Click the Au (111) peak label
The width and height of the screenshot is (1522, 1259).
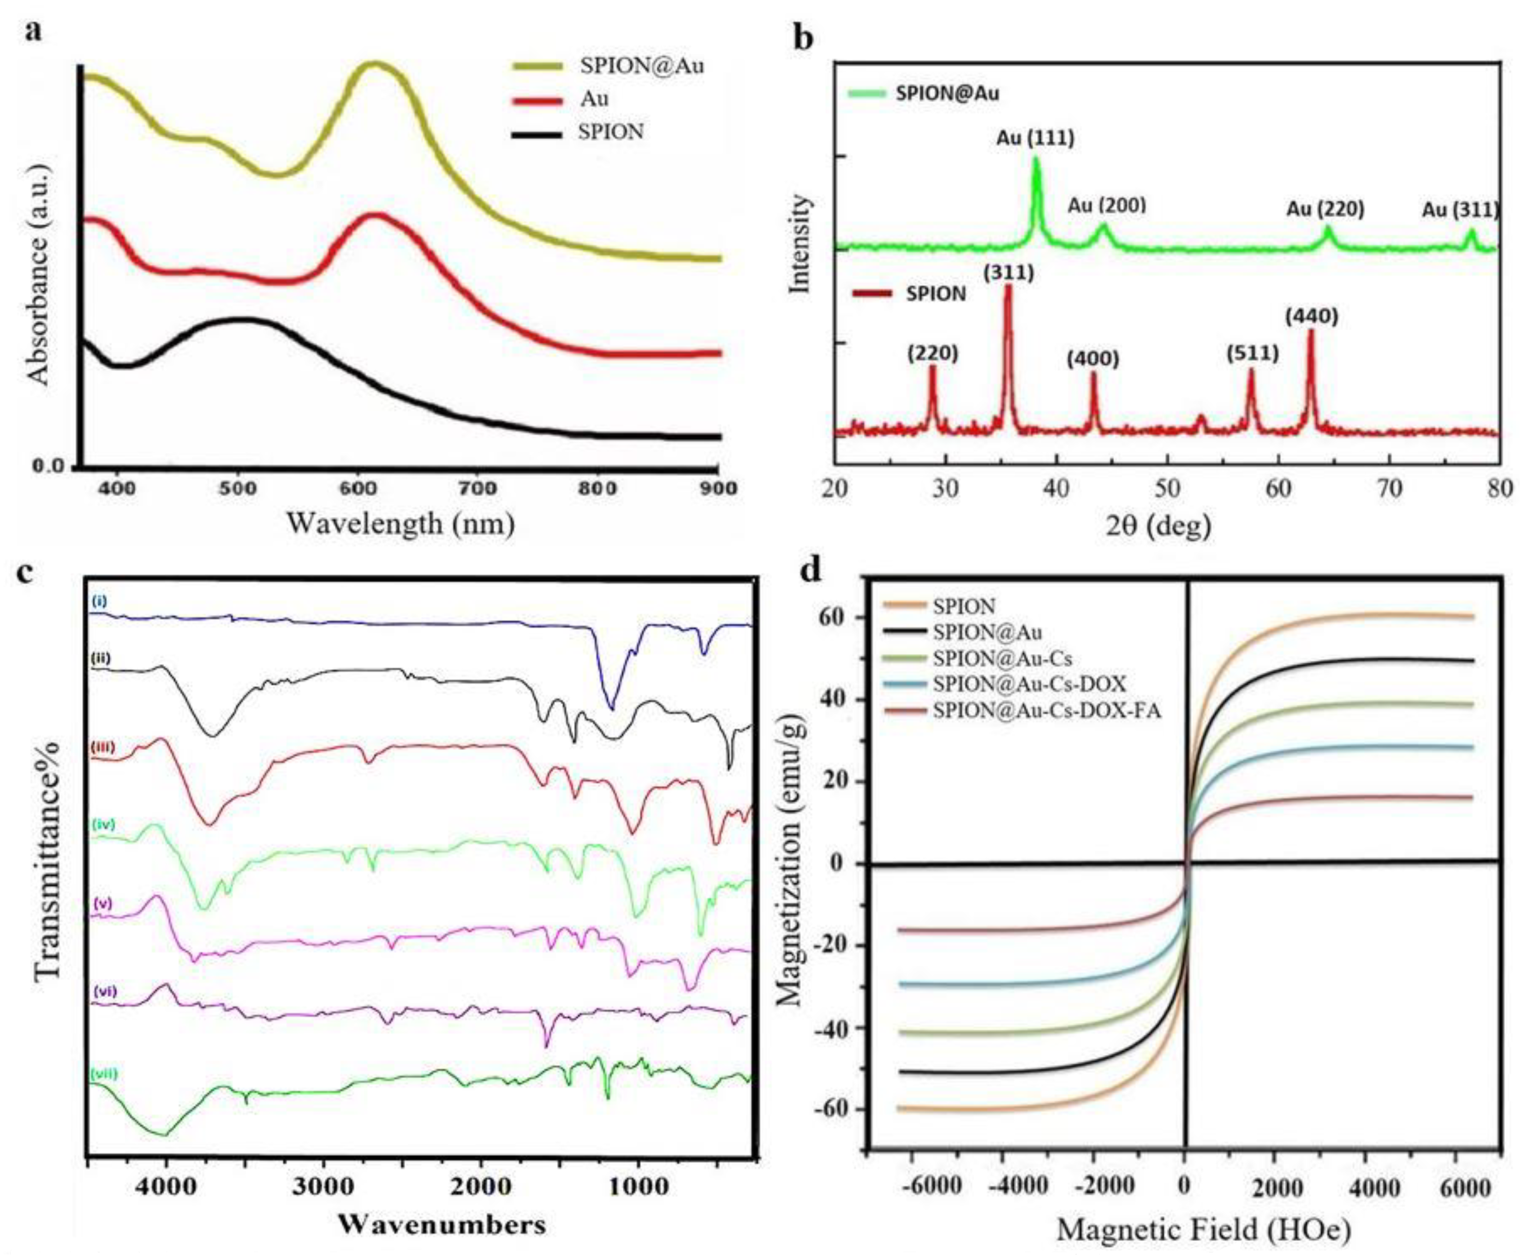[x=1035, y=138]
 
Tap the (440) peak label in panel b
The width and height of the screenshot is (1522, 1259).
[x=1312, y=317]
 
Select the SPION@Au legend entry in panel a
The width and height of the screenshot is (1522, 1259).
[x=641, y=66]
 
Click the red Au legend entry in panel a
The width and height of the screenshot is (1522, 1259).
[x=594, y=99]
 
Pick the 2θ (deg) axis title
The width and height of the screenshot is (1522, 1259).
[x=1158, y=524]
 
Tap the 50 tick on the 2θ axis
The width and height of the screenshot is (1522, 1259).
[x=1167, y=489]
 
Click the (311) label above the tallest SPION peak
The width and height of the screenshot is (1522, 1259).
[x=1009, y=273]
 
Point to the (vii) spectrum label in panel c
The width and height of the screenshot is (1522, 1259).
[x=104, y=1074]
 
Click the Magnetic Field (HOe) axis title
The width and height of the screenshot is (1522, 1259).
[x=1203, y=1229]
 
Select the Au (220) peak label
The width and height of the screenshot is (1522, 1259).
[x=1325, y=209]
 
